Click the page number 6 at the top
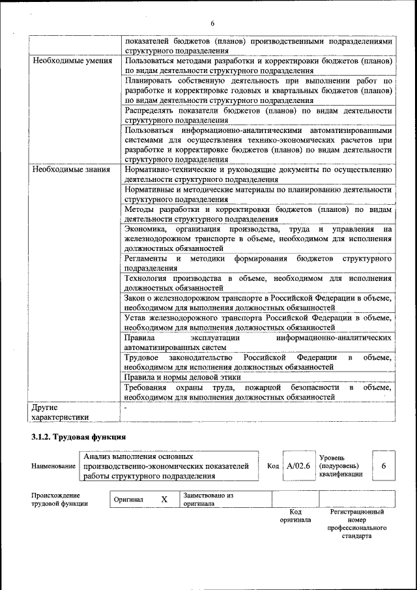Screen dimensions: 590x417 click(212, 23)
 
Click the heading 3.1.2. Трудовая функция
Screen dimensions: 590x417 click(78, 436)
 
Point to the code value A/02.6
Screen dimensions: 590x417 click(298, 467)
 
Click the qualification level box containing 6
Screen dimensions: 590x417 click(384, 467)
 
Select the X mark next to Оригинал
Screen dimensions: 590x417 click(164, 499)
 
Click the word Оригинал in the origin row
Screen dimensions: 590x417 click(128, 500)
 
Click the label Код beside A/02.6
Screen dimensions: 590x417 click(273, 467)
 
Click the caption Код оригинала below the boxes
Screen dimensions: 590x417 click(295, 516)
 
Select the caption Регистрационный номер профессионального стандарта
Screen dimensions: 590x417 click(356, 524)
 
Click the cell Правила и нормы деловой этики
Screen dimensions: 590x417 click(182, 377)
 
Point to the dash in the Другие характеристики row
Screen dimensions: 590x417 click(125, 407)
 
